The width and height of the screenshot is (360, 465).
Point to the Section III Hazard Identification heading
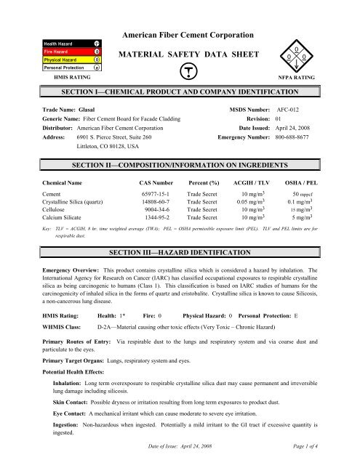[x=180, y=291]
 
